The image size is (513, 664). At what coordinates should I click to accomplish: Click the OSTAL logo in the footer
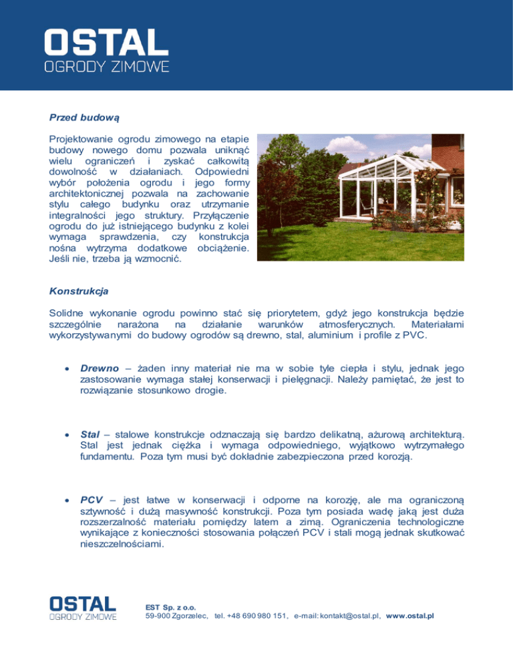(83, 603)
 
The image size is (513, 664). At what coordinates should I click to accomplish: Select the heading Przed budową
(83, 118)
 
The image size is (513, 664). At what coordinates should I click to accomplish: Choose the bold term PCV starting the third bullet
(92, 499)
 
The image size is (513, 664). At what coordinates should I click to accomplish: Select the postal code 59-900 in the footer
(158, 616)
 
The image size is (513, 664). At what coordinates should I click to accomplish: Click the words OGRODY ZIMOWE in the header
(106, 67)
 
